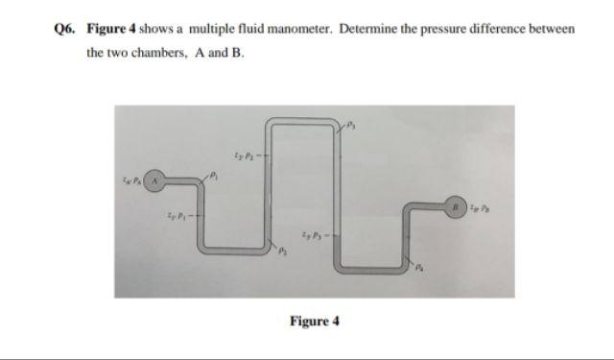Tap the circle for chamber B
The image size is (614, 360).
tap(458, 204)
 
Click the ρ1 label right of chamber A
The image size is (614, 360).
tap(215, 175)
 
